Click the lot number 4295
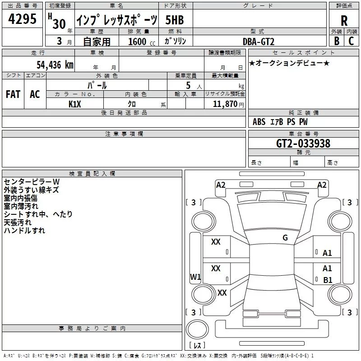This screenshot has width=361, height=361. [x=22, y=19]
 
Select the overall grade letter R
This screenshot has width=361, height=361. [x=344, y=21]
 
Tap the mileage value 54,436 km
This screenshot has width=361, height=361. [x=55, y=65]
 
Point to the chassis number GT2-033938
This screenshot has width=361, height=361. [x=303, y=143]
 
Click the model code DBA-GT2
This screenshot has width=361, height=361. [x=259, y=42]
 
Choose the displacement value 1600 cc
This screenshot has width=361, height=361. [x=142, y=42]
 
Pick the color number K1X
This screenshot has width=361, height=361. [x=75, y=104]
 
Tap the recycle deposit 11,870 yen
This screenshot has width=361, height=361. [x=228, y=104]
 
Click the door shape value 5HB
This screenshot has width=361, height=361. [x=175, y=20]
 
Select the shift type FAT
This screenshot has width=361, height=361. [x=13, y=94]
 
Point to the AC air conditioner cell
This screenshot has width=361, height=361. [x=35, y=94]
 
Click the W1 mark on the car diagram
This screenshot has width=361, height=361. [x=195, y=277]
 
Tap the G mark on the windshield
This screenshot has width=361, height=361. [x=285, y=238]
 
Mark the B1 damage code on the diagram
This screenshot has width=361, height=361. [x=328, y=280]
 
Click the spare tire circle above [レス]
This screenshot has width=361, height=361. [x=197, y=329]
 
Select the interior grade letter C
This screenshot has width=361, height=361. [x=351, y=41]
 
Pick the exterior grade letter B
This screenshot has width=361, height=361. [x=337, y=41]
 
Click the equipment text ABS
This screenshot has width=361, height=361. [x=259, y=122]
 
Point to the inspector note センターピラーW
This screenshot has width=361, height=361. [x=32, y=182]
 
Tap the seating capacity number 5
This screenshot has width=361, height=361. [x=188, y=85]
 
